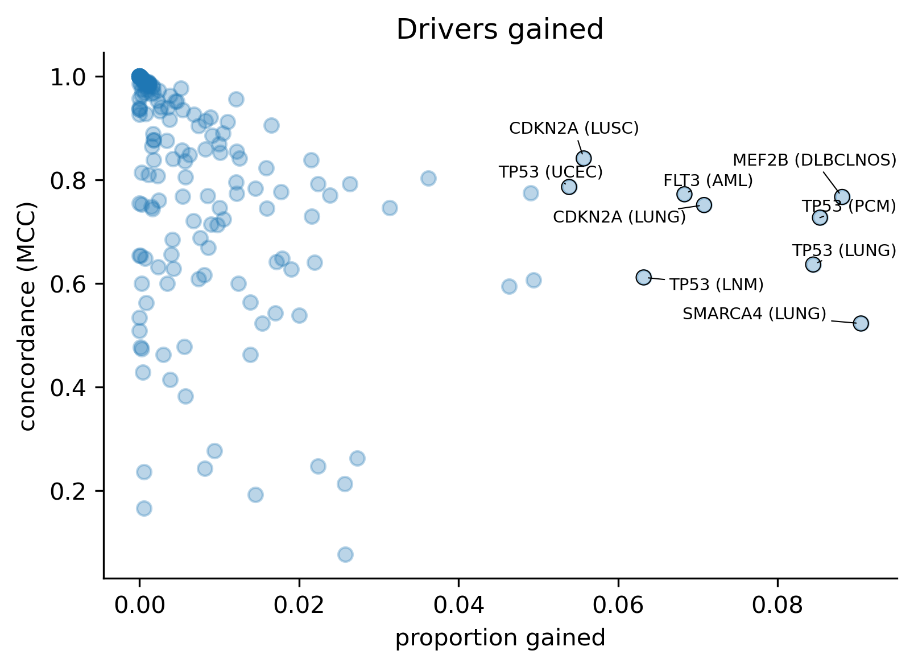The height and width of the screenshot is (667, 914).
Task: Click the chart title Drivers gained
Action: [499, 30]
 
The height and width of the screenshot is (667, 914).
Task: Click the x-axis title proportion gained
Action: [500, 638]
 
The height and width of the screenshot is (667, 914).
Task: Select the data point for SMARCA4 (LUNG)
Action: [861, 323]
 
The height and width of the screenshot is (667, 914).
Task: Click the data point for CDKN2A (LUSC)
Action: [583, 158]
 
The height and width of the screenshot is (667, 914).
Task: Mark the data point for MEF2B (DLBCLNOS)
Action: [842, 196]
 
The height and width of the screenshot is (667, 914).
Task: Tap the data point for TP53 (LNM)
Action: [643, 277]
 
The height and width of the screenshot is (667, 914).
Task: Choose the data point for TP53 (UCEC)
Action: [569, 187]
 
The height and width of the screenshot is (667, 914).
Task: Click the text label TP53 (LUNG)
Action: [844, 251]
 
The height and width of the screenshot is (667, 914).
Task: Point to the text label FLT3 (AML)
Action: [708, 181]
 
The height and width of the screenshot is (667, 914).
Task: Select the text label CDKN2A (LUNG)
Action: [619, 217]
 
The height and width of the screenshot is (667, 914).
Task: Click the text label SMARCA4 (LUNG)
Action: [754, 314]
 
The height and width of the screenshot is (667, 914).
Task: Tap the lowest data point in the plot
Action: [345, 554]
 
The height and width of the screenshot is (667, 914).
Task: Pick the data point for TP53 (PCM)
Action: [820, 217]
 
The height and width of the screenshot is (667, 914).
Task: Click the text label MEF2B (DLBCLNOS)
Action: [814, 160]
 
